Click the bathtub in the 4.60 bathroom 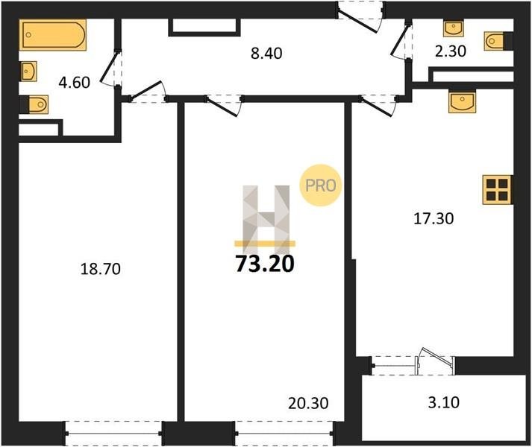[x=52, y=35]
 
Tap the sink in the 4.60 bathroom [x=29, y=72]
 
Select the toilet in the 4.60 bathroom [x=34, y=104]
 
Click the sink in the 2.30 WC [x=454, y=28]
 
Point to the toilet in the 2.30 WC [x=498, y=41]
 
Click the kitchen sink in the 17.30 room [x=462, y=101]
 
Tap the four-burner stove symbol [x=498, y=190]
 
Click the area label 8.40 [x=266, y=54]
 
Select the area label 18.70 [x=101, y=269]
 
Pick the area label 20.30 [x=308, y=403]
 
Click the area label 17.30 [x=434, y=218]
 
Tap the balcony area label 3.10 [x=444, y=402]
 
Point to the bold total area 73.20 [x=265, y=264]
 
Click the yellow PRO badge [x=320, y=185]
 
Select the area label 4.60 [x=75, y=83]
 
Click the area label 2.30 [x=451, y=51]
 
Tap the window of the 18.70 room [x=113, y=433]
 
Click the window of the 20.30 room [x=284, y=433]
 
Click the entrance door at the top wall [x=360, y=17]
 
